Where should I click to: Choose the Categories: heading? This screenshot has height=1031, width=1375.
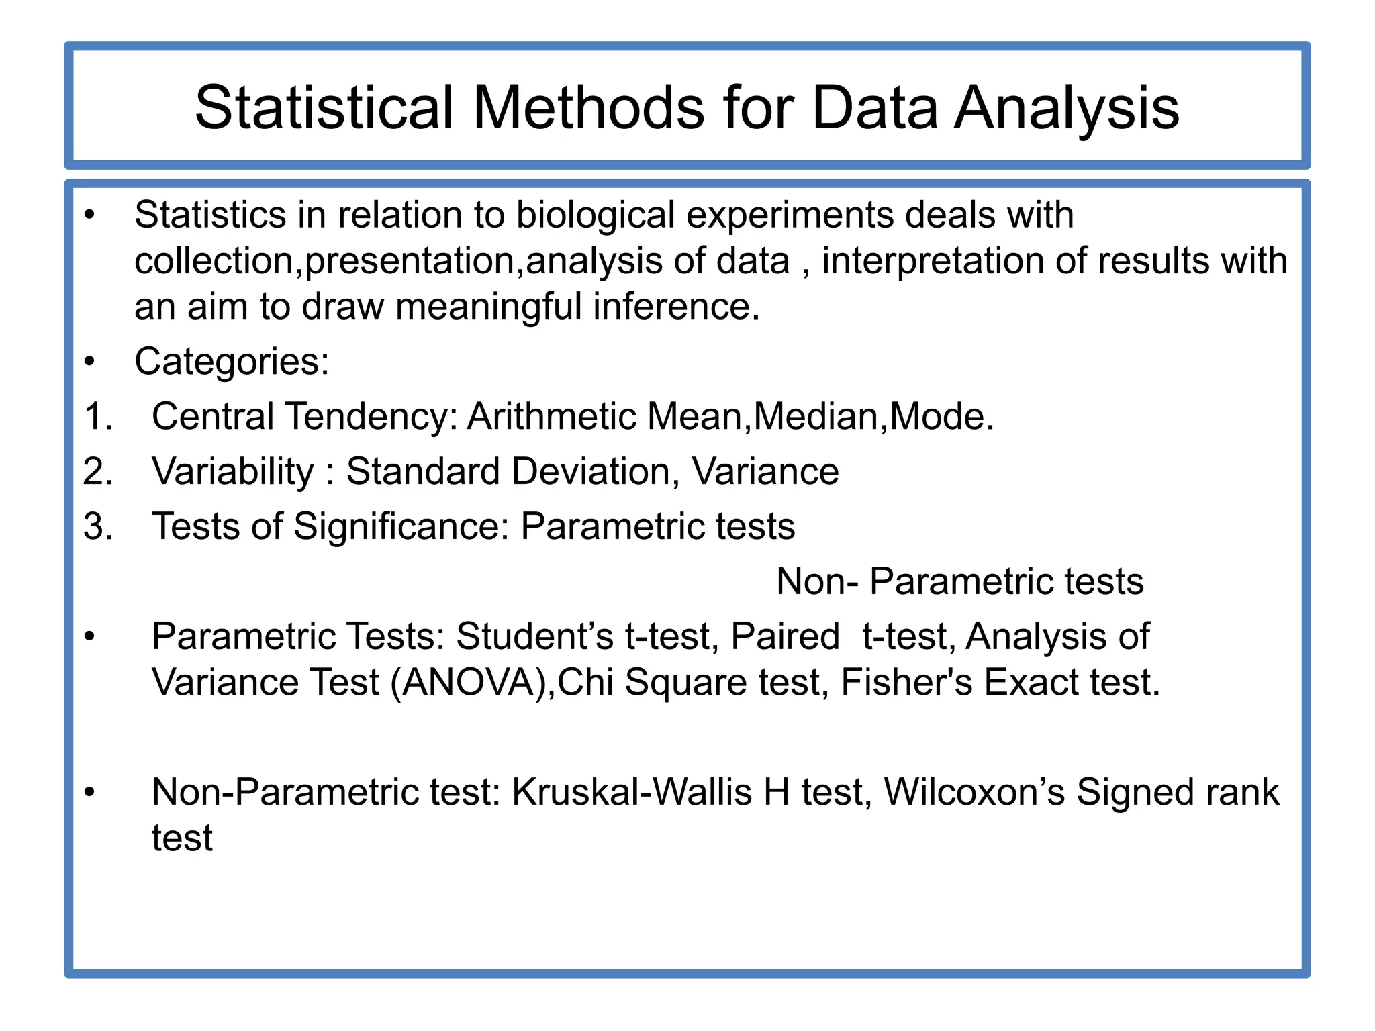pos(232,362)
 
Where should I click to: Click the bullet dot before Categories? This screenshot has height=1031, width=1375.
pos(90,362)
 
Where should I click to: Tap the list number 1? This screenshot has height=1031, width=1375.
pos(98,417)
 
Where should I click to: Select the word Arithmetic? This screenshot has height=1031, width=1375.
pos(552,417)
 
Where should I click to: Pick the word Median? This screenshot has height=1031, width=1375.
pos(816,417)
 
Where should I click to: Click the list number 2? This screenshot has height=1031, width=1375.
pos(98,472)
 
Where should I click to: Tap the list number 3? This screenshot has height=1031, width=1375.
pos(98,527)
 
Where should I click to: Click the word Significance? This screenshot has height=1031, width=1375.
pos(401,527)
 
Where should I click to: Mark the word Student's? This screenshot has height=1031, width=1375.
pos(534,637)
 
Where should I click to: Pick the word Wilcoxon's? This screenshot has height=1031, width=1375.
pos(974,793)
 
